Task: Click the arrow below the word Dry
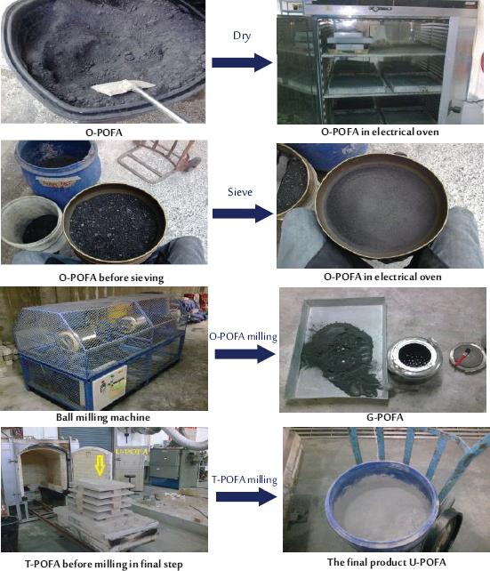point(243,62)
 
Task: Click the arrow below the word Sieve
point(243,213)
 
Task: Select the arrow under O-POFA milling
point(243,355)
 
